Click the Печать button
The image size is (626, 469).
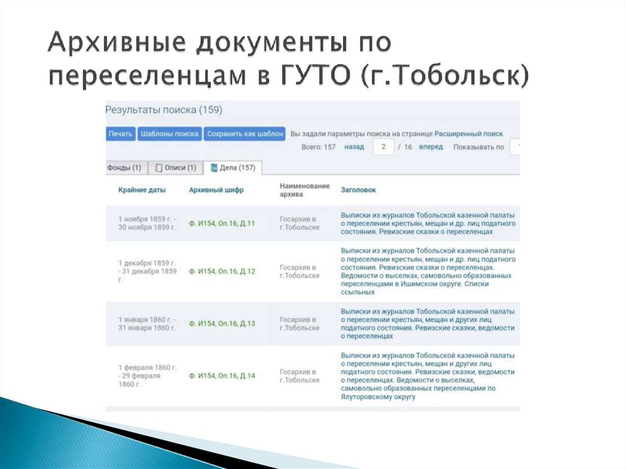point(120,134)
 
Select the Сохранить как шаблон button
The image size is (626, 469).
point(245,134)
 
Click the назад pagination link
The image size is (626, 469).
point(354,147)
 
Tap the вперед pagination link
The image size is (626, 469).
point(431,147)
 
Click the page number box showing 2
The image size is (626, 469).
point(383,147)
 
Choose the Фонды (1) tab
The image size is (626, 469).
point(124,168)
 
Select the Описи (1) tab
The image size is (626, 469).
point(175,168)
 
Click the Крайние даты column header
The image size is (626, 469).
point(142,190)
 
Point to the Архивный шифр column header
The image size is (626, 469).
point(216,190)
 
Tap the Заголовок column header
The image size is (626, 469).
point(358,190)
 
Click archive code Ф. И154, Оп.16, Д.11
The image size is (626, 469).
point(222,223)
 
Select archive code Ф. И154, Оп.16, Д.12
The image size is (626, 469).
point(222,271)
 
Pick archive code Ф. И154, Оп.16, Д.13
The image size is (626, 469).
point(222,323)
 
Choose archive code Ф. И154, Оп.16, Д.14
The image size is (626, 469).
point(222,375)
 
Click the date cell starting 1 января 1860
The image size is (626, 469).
point(147,323)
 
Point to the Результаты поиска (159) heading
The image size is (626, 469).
point(164,110)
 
